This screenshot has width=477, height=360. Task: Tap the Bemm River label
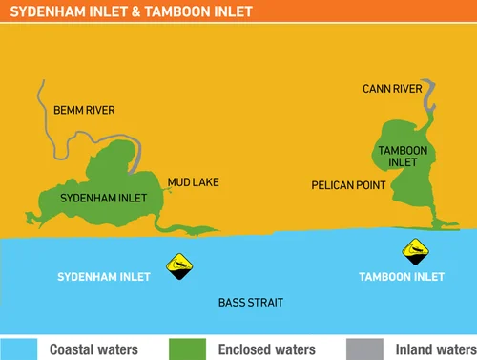click(84, 111)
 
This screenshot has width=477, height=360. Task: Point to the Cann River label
click(392, 89)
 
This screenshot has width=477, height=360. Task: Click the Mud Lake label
click(193, 181)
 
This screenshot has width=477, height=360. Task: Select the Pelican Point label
click(349, 184)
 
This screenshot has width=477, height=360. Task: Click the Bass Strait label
click(251, 303)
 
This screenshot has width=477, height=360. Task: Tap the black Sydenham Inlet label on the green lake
click(103, 199)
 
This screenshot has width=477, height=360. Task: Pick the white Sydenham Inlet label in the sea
click(100, 277)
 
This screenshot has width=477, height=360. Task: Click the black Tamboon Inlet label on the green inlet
click(398, 156)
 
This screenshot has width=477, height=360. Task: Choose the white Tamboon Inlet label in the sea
click(402, 277)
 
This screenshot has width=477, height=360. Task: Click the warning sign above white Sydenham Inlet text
click(177, 265)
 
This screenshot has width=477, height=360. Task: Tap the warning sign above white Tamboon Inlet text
click(415, 252)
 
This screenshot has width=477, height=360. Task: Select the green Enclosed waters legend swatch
click(187, 349)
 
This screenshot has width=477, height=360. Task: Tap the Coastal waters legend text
click(93, 349)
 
